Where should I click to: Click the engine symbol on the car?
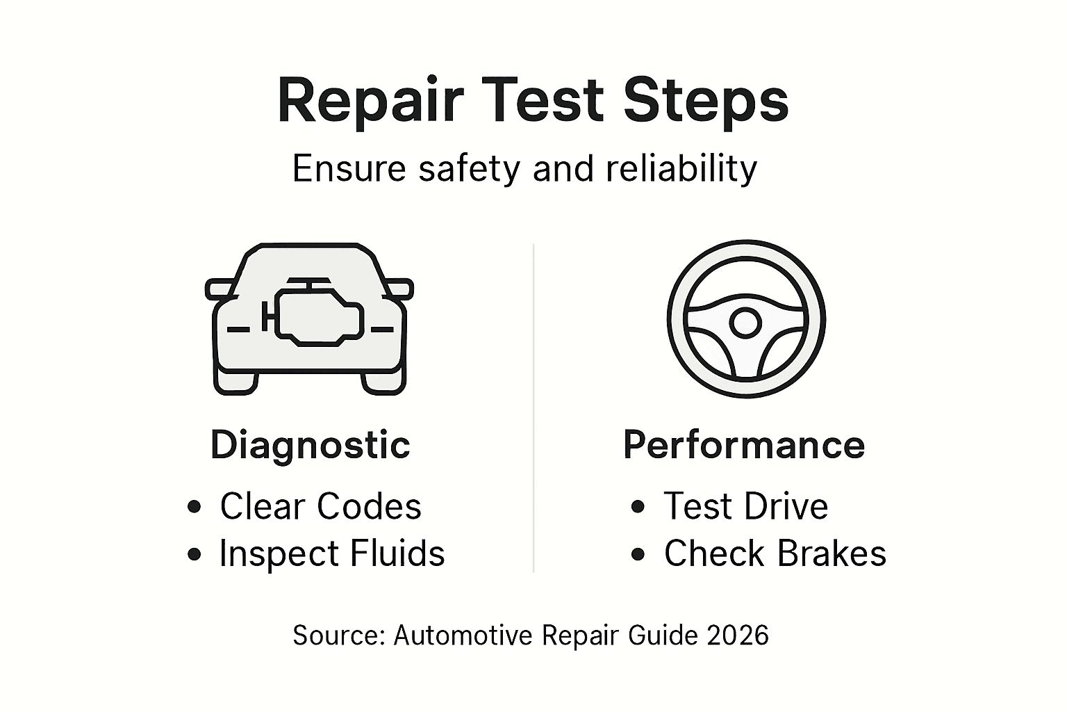coord(318,314)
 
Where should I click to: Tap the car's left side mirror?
coord(219,289)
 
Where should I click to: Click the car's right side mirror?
coord(399,289)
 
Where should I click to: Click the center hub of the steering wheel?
coord(745,322)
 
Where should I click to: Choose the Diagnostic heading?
coord(310,445)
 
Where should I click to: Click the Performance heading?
coord(744,445)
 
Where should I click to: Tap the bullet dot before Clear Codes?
coord(195,507)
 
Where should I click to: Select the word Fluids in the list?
coord(397,554)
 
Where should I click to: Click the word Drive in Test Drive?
coord(789,506)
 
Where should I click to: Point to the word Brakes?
coord(832,554)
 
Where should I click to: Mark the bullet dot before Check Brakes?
coord(638,554)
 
